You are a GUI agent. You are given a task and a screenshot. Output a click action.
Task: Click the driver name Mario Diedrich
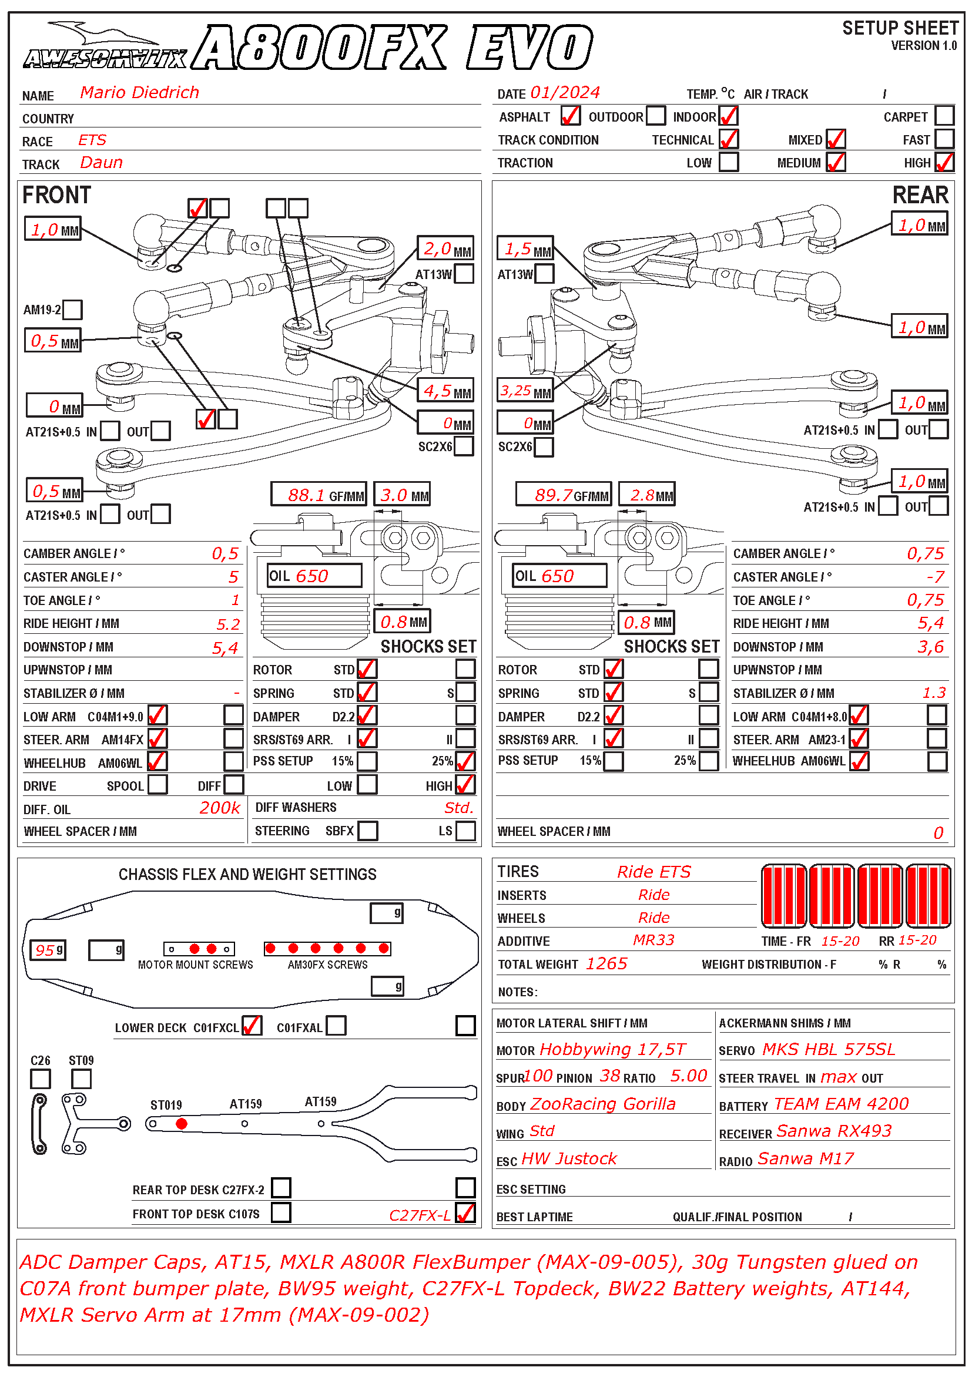pos(139,92)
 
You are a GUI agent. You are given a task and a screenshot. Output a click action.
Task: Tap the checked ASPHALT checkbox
pos(570,116)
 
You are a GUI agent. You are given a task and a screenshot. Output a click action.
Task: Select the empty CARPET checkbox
pos(944,116)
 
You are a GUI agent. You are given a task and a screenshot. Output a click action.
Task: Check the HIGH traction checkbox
pos(944,162)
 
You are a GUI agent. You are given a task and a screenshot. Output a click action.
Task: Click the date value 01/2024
pos(565,93)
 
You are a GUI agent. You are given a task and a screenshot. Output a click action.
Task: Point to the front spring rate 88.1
pos(306,495)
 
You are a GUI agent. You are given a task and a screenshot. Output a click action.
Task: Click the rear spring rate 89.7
pos(553,495)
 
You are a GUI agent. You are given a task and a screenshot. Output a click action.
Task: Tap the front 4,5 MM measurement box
pos(447,391)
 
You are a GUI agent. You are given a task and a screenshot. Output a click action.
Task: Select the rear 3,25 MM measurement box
pos(524,391)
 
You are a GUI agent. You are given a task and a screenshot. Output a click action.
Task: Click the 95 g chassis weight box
pos(48,950)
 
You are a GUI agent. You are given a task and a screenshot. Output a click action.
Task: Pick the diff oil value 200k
pos(220,808)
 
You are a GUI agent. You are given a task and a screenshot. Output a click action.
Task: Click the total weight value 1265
pos(606,963)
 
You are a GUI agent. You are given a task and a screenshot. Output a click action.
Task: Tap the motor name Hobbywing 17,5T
pos(612,1049)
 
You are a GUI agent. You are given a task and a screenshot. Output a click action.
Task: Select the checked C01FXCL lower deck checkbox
pos(252,1026)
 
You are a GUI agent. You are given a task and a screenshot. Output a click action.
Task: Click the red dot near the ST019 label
pos(182,1124)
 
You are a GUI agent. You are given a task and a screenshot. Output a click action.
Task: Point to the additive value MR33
pos(653,940)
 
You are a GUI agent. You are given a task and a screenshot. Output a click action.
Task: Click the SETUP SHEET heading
pos(900,28)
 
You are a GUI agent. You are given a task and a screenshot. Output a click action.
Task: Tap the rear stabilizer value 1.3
pos(934,693)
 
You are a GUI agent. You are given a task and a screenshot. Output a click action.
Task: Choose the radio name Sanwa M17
pos(806,1158)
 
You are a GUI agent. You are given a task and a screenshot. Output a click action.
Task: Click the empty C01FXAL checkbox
pos(336,1026)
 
